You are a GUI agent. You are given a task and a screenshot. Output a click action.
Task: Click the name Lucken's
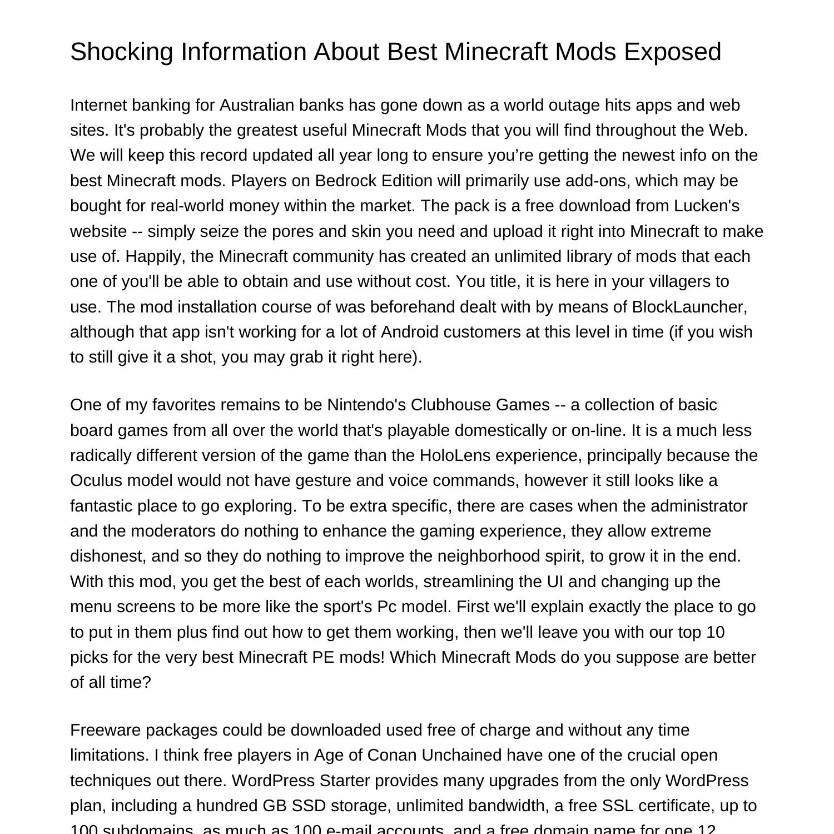pyautogui.click(x=707, y=206)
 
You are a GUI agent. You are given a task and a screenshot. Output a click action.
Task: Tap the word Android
pyautogui.click(x=410, y=332)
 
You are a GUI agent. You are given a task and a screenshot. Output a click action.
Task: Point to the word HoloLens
pyautogui.click(x=455, y=455)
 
